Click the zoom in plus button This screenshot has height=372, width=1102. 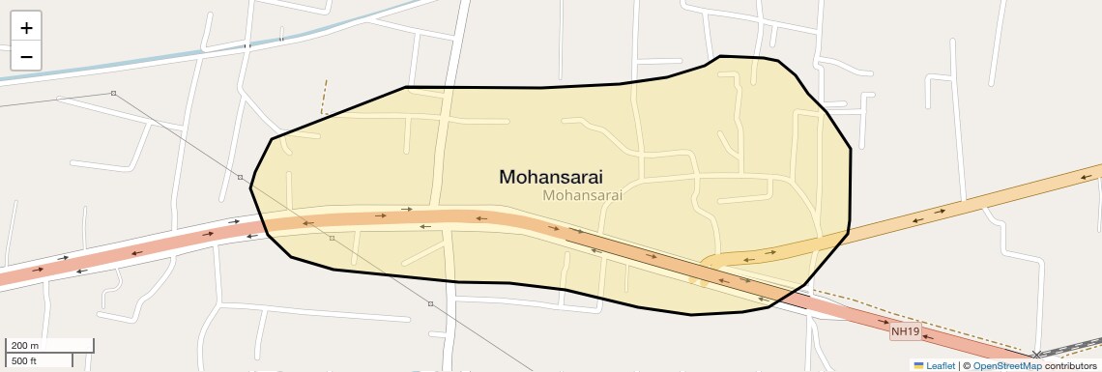tap(26, 28)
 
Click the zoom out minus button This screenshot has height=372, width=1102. tap(26, 56)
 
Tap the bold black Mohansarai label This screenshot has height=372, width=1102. tap(551, 177)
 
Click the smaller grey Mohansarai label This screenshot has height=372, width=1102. tap(582, 194)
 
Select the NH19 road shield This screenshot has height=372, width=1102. tap(905, 331)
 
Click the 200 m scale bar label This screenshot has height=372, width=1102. tap(25, 345)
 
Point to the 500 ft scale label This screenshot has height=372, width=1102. tap(25, 360)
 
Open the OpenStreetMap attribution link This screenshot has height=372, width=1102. tap(1006, 365)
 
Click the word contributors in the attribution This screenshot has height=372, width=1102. tap(1070, 365)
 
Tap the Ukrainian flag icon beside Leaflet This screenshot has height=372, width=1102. tap(919, 365)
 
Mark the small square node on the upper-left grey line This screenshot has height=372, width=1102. tap(113, 93)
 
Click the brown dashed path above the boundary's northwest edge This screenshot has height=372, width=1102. tap(325, 97)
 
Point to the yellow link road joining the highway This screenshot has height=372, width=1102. tap(764, 254)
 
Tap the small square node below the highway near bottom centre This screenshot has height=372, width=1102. tap(431, 303)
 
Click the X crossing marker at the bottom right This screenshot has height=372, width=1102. tap(1037, 355)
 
